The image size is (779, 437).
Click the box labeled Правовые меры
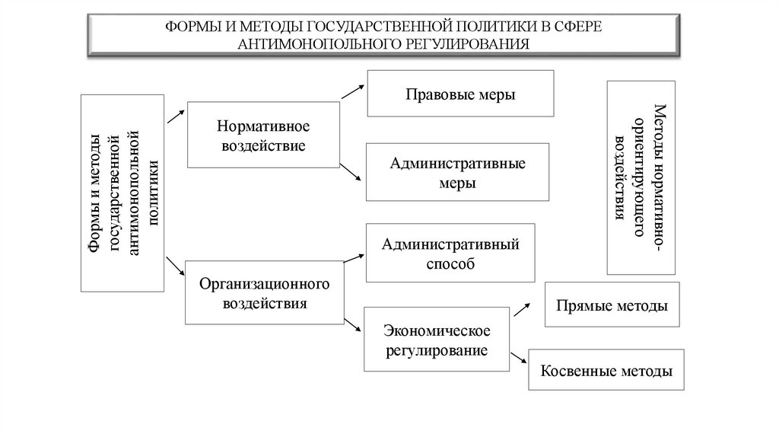pyautogui.click(x=460, y=94)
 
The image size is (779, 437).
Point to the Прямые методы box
pyautogui.click(x=612, y=306)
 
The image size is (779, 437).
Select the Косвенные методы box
pyautogui.click(x=606, y=372)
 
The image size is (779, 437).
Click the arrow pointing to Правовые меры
pyautogui.click(x=352, y=91)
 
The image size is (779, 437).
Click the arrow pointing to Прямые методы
pyautogui.click(x=522, y=306)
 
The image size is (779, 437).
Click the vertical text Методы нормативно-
pyautogui.click(x=660, y=177)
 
